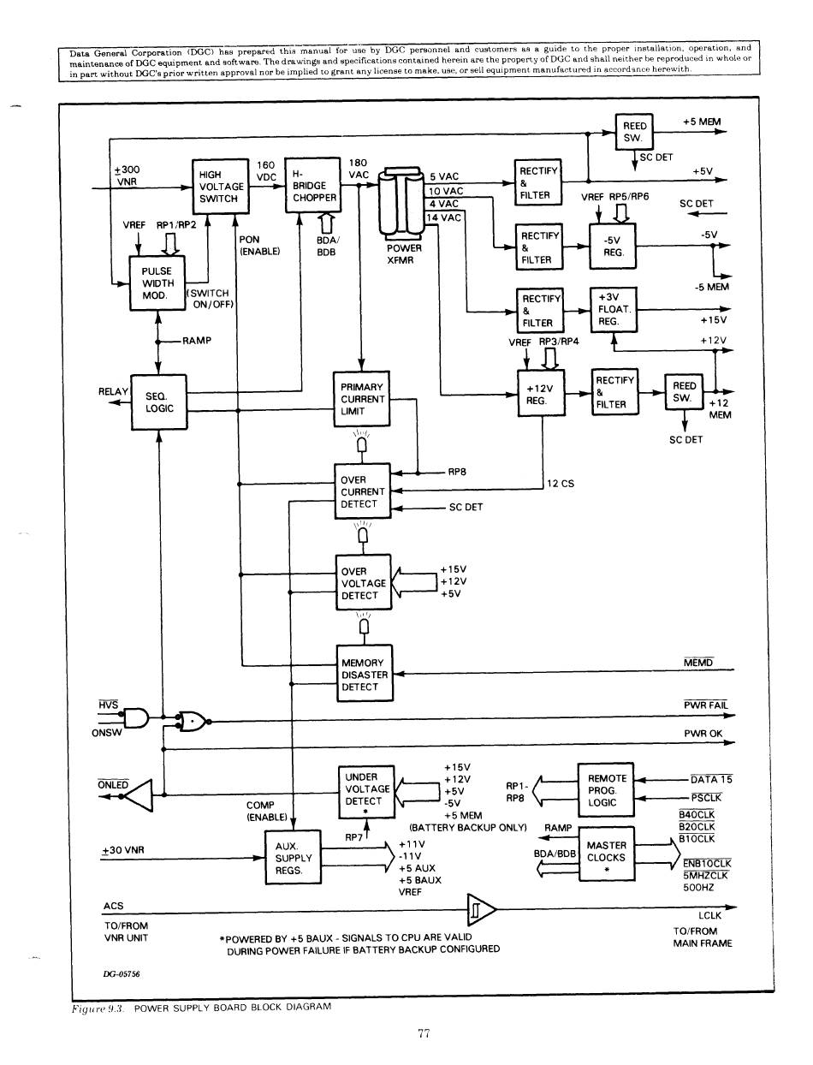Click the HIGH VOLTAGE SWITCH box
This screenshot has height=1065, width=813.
coord(221,186)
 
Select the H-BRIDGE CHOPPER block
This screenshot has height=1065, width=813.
coord(312,185)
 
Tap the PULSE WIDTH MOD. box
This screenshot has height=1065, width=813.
coord(157,283)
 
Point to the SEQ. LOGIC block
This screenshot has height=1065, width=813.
coord(158,402)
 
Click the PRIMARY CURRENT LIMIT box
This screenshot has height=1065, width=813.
coord(362,399)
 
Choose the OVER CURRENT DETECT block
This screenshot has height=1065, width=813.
coord(363,491)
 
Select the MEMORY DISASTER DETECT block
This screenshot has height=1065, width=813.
coord(365,675)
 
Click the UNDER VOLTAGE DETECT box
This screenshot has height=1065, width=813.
coord(367,789)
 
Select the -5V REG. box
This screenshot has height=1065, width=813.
coord(614,247)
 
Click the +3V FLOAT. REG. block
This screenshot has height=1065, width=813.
coord(614,309)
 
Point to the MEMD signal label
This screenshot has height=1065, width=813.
coord(698,663)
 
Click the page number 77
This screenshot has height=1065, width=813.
coord(423,1034)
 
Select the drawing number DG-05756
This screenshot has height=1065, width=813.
coord(122,974)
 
